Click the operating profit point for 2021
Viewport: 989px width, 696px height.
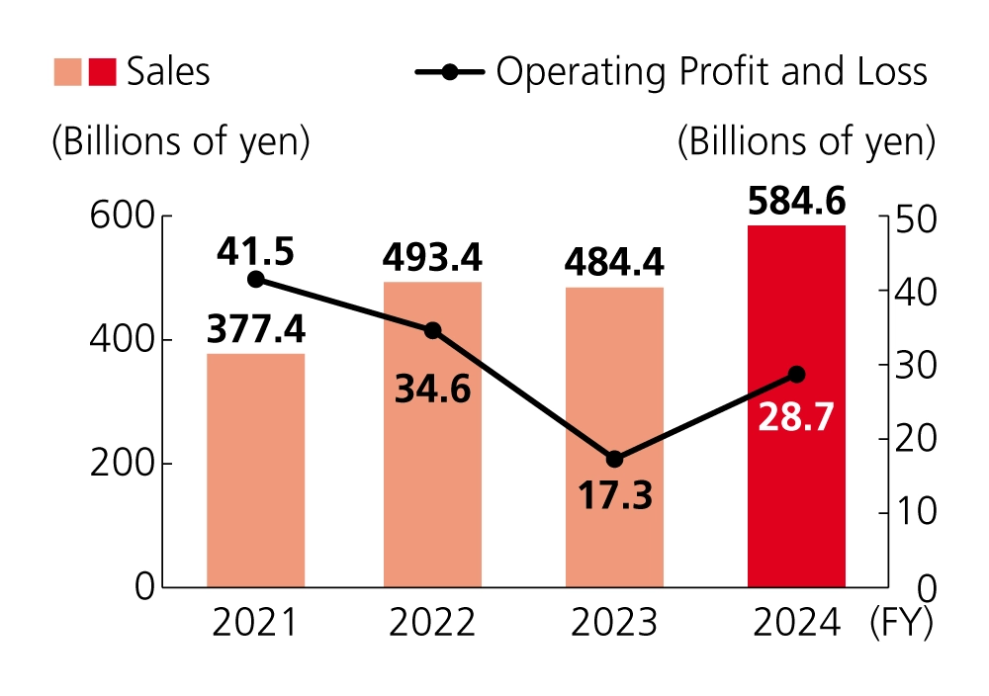coord(255,280)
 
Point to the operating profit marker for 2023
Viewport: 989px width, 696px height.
coord(614,459)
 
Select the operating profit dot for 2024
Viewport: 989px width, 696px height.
coord(796,375)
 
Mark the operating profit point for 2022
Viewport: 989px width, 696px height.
coord(432,330)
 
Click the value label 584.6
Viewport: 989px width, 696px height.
coord(796,201)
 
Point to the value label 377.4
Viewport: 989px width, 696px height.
coord(255,329)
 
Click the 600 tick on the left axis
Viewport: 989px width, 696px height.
coord(122,217)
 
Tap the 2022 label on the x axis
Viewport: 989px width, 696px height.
coord(432,623)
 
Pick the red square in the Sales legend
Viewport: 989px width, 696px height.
coord(102,72)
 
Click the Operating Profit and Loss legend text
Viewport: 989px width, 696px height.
coord(711,72)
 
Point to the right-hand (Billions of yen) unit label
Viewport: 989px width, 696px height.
coord(806,141)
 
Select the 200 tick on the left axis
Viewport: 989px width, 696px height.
coord(122,464)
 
